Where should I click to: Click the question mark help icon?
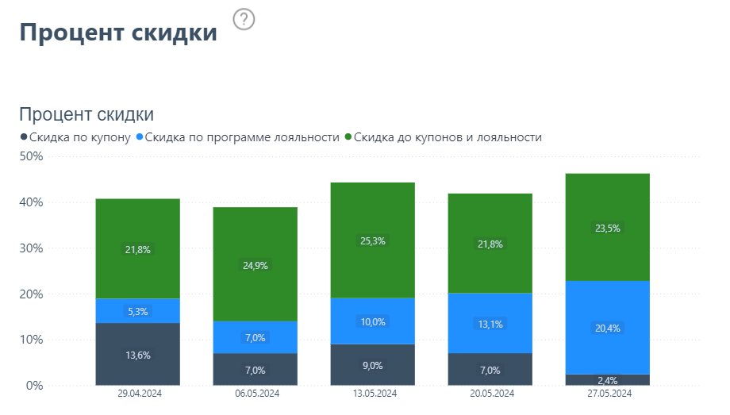[244, 20]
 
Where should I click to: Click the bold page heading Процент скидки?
[117, 33]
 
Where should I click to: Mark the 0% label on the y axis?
[33, 386]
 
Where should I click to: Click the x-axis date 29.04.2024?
[138, 394]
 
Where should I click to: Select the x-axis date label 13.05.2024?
[373, 394]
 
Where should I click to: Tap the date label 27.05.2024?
[608, 394]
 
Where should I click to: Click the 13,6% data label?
[138, 355]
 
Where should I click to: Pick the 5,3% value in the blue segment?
[138, 312]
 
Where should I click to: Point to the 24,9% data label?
[255, 266]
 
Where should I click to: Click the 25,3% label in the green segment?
[373, 240]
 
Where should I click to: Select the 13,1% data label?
[490, 324]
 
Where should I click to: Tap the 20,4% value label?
[608, 328]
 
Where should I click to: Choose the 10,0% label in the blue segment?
[373, 321]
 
